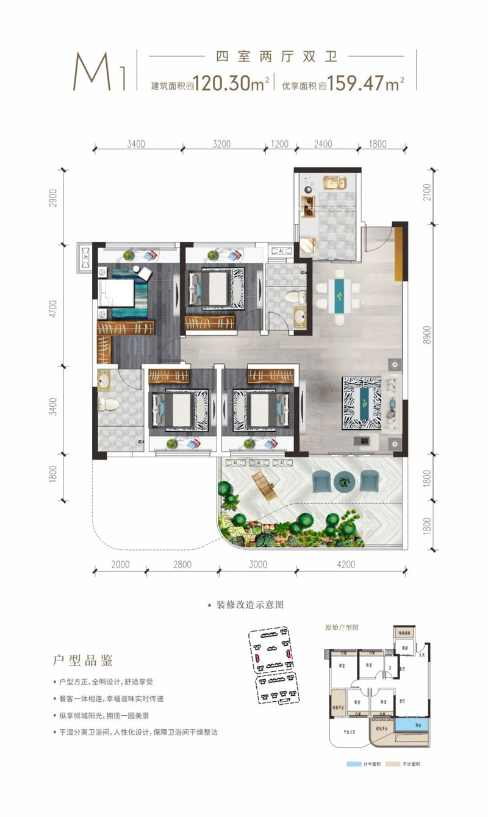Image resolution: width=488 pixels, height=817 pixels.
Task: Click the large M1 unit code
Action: [100, 72]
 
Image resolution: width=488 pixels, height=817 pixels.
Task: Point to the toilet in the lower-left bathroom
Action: [110, 404]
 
